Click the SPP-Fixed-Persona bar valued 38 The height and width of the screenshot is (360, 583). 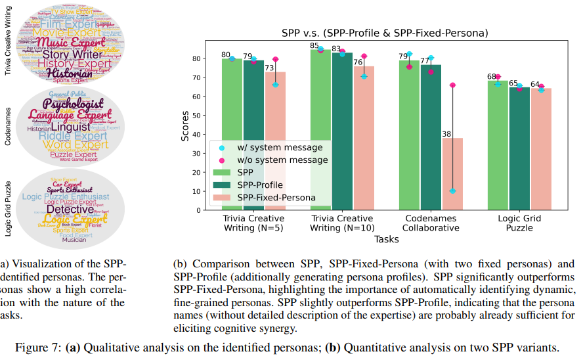pyautogui.click(x=452, y=174)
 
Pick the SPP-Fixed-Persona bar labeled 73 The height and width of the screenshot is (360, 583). pyautogui.click(x=276, y=141)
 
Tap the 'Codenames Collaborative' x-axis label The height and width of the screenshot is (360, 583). pyautogui.click(x=431, y=223)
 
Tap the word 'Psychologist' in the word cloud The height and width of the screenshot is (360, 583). pyautogui.click(x=74, y=104)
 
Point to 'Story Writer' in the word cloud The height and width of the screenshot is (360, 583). pyautogui.click(x=69, y=55)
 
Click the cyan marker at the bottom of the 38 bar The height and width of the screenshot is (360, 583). pyautogui.click(x=452, y=191)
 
